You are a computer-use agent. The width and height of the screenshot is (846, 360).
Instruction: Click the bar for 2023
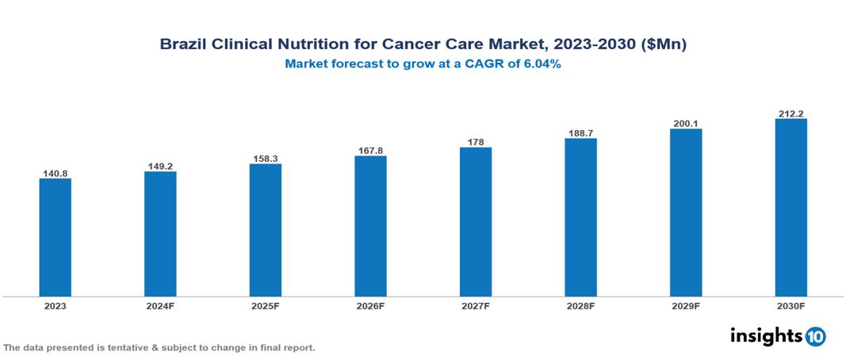(56, 237)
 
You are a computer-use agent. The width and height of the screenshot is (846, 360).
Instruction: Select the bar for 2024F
(160, 234)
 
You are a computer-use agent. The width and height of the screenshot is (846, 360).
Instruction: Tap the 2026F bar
(370, 226)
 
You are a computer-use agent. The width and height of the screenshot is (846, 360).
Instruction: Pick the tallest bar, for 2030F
(790, 208)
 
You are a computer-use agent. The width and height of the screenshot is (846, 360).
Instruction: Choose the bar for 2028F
(580, 217)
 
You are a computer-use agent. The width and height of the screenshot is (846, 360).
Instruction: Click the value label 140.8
(56, 173)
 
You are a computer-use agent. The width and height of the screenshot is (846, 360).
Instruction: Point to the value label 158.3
(266, 158)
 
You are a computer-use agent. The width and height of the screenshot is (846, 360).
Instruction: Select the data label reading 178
(476, 142)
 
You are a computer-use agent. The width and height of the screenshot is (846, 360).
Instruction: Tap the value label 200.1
(686, 124)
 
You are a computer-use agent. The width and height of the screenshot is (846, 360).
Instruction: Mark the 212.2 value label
(790, 113)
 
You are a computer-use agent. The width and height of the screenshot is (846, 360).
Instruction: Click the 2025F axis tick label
(266, 305)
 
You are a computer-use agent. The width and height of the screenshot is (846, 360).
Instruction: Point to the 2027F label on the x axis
(476, 305)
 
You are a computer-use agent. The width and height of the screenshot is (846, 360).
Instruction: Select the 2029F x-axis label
(686, 305)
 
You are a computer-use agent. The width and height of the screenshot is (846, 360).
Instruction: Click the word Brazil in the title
(182, 45)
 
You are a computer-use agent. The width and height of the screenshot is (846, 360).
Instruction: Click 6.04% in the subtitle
(540, 65)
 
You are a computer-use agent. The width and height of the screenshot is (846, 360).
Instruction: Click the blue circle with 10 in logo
(815, 336)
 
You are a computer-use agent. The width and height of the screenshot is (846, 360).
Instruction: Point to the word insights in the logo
(766, 335)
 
